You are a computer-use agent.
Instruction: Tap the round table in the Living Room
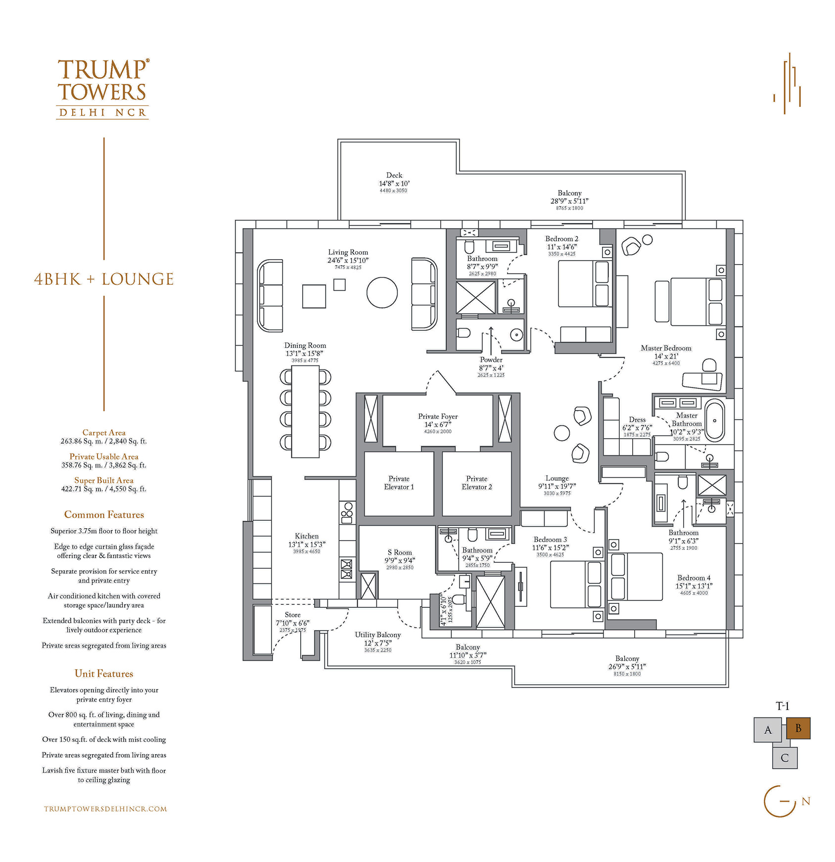click(382, 293)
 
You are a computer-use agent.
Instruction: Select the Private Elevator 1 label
click(399, 483)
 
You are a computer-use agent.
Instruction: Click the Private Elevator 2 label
click(476, 483)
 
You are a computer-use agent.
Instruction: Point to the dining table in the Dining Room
click(305, 412)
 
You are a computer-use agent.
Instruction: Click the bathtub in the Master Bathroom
click(714, 421)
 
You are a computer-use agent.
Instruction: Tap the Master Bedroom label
click(666, 348)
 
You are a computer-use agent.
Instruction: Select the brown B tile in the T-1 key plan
click(798, 728)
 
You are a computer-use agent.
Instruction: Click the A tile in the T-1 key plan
click(768, 730)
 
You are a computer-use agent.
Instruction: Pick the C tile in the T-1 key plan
click(785, 758)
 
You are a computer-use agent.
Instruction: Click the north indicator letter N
click(806, 801)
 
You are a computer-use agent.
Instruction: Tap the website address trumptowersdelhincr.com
click(105, 809)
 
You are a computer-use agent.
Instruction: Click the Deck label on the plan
click(394, 175)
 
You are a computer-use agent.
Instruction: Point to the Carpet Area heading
click(104, 433)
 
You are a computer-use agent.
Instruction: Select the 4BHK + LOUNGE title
click(104, 279)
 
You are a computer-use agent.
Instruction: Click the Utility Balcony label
click(377, 635)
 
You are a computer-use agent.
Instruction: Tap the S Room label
click(400, 552)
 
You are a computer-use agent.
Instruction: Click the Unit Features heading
click(104, 674)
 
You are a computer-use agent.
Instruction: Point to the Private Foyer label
click(438, 416)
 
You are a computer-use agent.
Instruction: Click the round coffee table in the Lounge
click(561, 433)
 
